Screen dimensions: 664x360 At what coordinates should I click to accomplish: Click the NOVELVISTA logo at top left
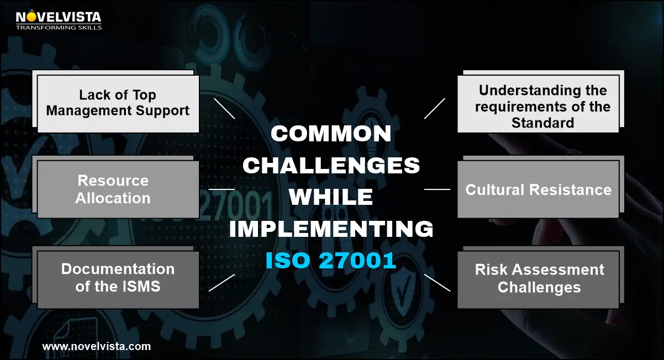[59, 20]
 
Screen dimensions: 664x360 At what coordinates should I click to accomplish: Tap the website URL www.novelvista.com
[96, 346]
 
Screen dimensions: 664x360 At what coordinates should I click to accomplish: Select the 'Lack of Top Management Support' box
[118, 104]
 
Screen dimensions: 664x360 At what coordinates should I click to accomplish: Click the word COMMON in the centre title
[331, 134]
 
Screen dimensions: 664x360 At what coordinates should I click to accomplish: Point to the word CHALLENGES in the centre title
[331, 165]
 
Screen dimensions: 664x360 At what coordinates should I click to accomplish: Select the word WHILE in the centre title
[331, 197]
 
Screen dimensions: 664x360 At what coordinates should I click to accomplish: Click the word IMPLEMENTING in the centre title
[331, 229]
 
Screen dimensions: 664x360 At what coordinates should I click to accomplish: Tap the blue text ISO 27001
[331, 261]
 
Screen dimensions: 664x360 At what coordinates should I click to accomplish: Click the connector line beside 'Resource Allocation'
[222, 189]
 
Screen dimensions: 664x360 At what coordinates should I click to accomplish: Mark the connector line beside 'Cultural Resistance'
[437, 189]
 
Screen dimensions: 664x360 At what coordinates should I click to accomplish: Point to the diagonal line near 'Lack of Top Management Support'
[224, 109]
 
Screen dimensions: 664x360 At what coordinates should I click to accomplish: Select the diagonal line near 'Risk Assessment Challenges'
[437, 283]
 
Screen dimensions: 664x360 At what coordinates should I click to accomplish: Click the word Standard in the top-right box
[543, 123]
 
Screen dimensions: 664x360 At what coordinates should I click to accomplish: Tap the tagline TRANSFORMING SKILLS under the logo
[59, 28]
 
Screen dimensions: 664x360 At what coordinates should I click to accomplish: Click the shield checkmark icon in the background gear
[402, 289]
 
